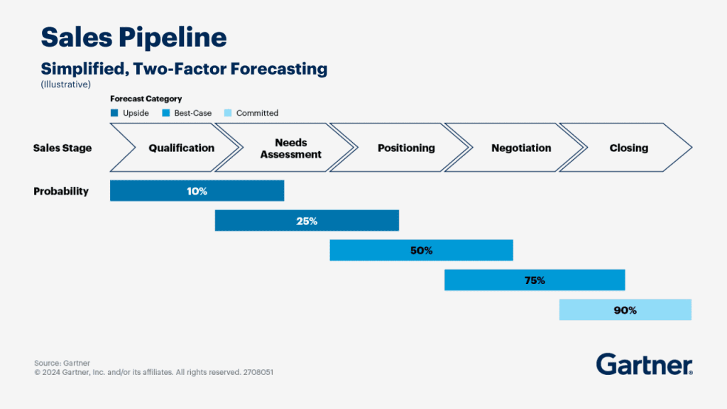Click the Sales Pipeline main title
(134, 37)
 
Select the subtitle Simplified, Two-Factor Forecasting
(184, 69)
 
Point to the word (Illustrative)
(66, 84)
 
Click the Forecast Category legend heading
(146, 99)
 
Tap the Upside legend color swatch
(114, 113)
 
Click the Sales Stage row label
(62, 148)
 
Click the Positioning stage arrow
(405, 148)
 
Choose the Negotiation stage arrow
(520, 148)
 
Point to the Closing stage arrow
(628, 148)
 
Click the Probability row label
(61, 191)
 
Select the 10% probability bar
(197, 191)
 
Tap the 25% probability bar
(307, 221)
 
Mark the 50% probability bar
(421, 251)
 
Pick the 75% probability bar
(535, 280)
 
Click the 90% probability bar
(625, 310)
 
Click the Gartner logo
(644, 364)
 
